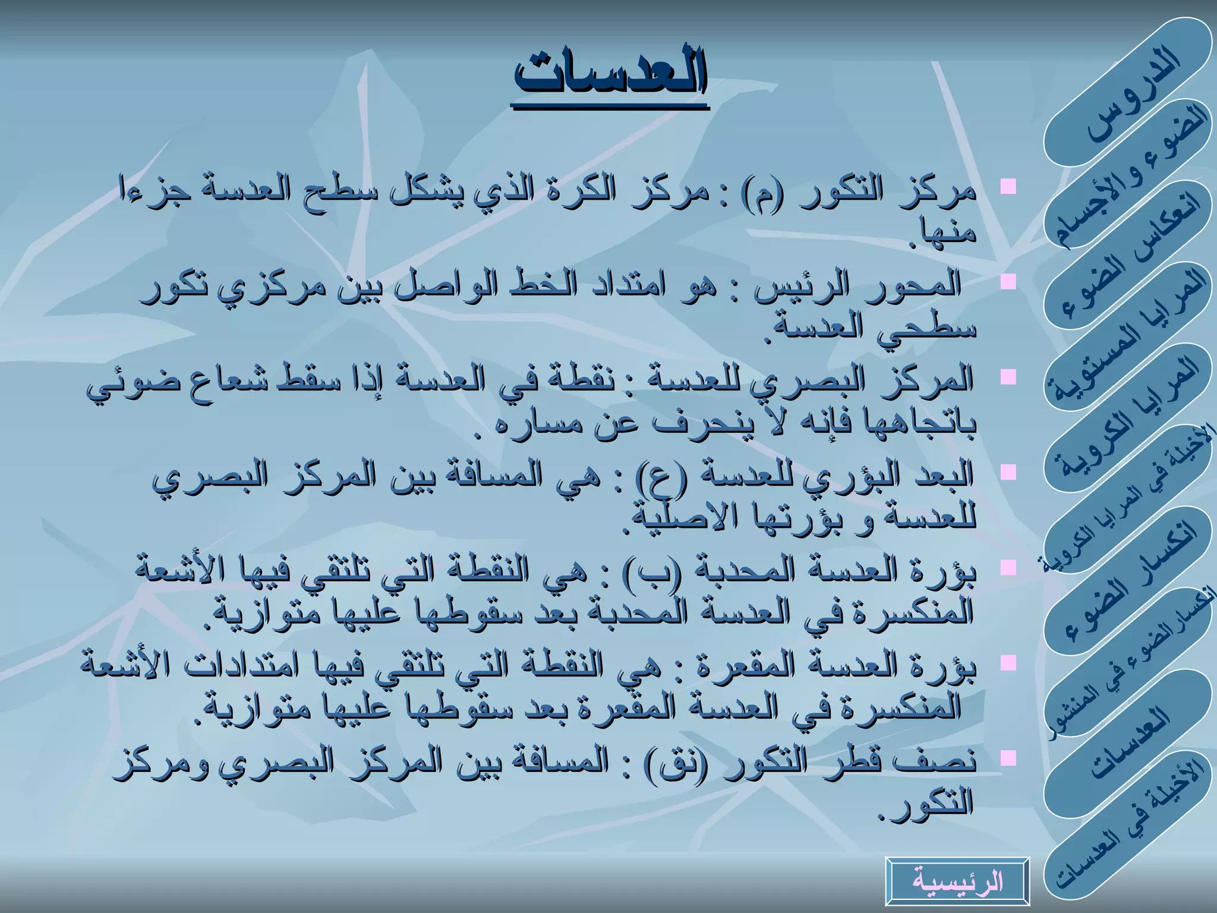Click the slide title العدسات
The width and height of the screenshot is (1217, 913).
click(x=611, y=76)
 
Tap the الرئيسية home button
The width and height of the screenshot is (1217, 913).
click(x=957, y=881)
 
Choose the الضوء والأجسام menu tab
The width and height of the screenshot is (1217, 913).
click(x=1132, y=175)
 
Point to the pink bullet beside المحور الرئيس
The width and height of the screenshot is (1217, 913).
click(x=1008, y=281)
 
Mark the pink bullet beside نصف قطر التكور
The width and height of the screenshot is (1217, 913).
click(x=1008, y=757)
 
